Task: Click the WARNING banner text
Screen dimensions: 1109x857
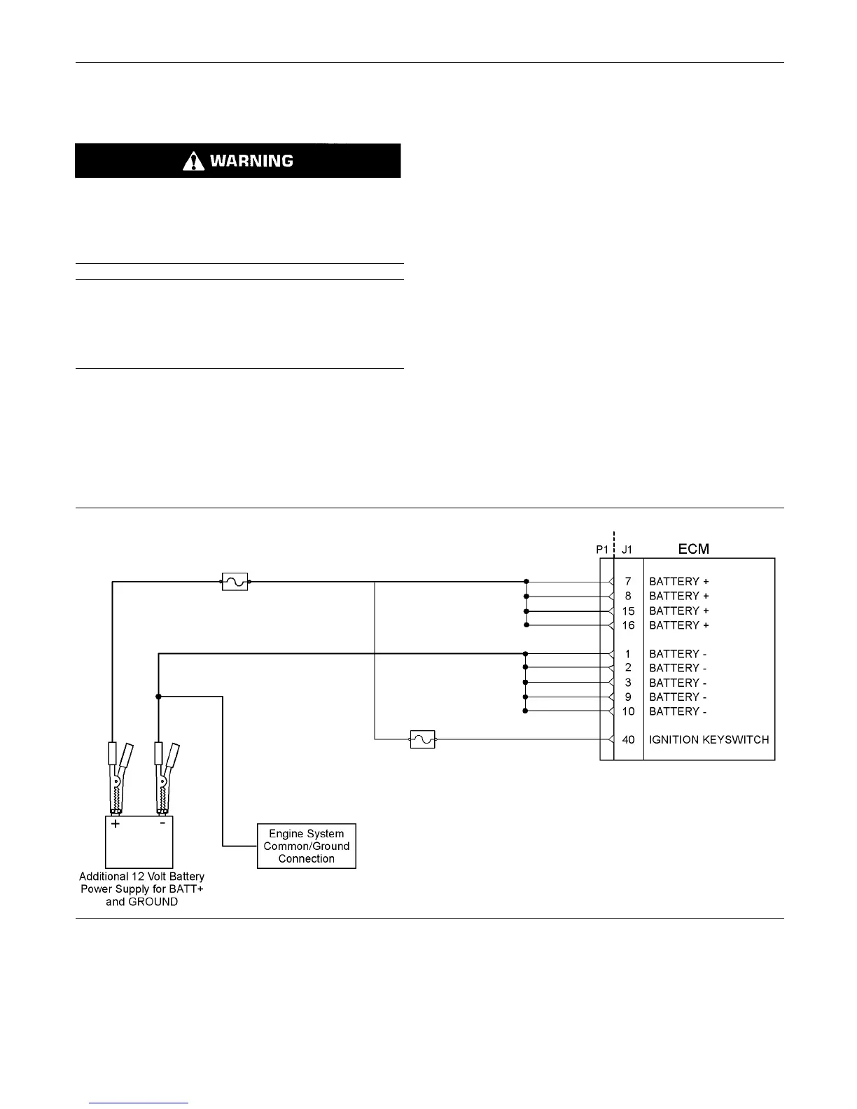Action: click(x=251, y=161)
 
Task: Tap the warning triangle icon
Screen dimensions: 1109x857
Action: click(x=193, y=162)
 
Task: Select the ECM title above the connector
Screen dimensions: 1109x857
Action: click(x=693, y=549)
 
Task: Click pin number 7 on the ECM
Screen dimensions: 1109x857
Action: click(x=628, y=582)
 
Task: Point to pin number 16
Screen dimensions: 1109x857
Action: click(x=628, y=625)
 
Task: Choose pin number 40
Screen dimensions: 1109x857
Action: click(x=628, y=739)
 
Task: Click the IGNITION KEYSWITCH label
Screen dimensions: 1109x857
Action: click(x=709, y=739)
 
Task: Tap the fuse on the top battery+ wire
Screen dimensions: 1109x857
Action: click(x=235, y=582)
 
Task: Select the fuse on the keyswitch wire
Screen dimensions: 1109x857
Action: click(x=422, y=739)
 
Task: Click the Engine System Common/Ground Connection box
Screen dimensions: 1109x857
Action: click(x=307, y=846)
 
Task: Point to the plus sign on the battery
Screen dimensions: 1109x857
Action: click(x=116, y=824)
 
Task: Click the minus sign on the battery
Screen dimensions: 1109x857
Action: click(x=162, y=823)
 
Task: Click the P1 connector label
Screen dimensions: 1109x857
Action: click(x=602, y=550)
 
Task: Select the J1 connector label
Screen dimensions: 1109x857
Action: click(x=627, y=550)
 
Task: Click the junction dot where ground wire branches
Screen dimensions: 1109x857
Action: click(x=159, y=697)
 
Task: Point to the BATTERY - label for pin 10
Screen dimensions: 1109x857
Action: click(x=677, y=711)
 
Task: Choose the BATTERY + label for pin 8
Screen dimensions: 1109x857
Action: click(x=678, y=596)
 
